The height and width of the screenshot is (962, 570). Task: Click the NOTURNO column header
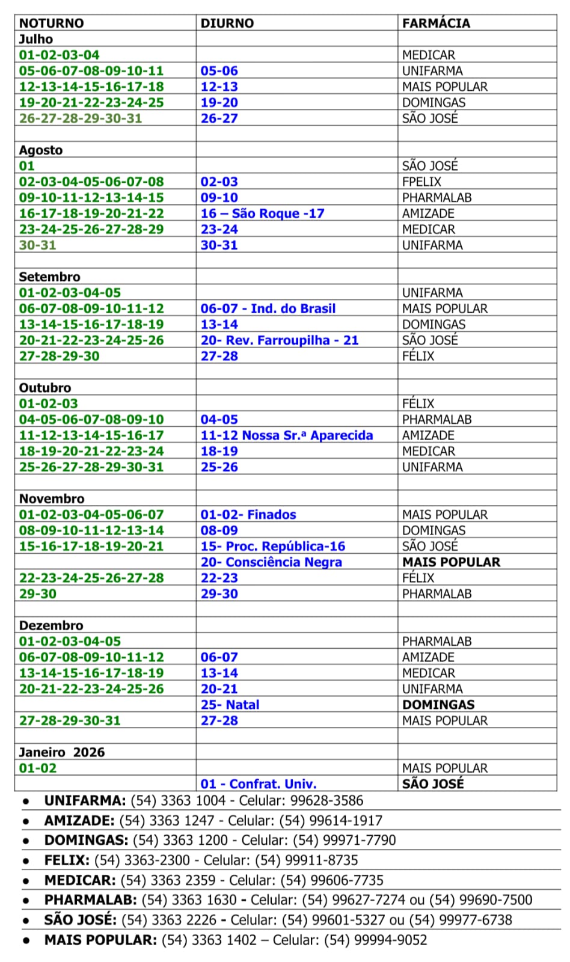click(x=51, y=23)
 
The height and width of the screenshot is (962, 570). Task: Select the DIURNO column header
click(x=227, y=23)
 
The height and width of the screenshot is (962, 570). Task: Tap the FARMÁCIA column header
click(x=436, y=23)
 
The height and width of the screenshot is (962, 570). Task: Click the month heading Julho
click(x=36, y=39)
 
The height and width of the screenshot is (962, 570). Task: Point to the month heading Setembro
click(x=49, y=277)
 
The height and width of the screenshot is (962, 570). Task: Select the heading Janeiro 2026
click(x=61, y=752)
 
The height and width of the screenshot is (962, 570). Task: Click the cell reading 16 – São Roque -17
click(x=262, y=213)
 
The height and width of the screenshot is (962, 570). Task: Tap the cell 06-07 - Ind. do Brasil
click(x=268, y=308)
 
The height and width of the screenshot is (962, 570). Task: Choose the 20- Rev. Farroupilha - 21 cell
click(x=279, y=340)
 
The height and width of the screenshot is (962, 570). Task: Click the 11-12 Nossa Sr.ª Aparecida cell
click(x=286, y=435)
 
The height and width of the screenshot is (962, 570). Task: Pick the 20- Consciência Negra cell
click(x=271, y=562)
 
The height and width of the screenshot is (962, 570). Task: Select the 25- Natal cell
click(x=230, y=705)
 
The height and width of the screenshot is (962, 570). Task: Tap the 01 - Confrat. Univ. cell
click(x=258, y=784)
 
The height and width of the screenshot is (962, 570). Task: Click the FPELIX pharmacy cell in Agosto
click(x=421, y=182)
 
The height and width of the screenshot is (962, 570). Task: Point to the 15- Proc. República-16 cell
click(x=272, y=547)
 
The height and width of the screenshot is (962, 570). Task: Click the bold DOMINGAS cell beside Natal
click(x=438, y=705)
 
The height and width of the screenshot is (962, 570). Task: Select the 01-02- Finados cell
click(x=248, y=515)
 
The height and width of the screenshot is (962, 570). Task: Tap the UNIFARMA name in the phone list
click(x=85, y=801)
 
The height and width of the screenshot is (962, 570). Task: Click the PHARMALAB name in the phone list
click(x=91, y=900)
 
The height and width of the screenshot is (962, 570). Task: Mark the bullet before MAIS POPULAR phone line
click(x=26, y=940)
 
